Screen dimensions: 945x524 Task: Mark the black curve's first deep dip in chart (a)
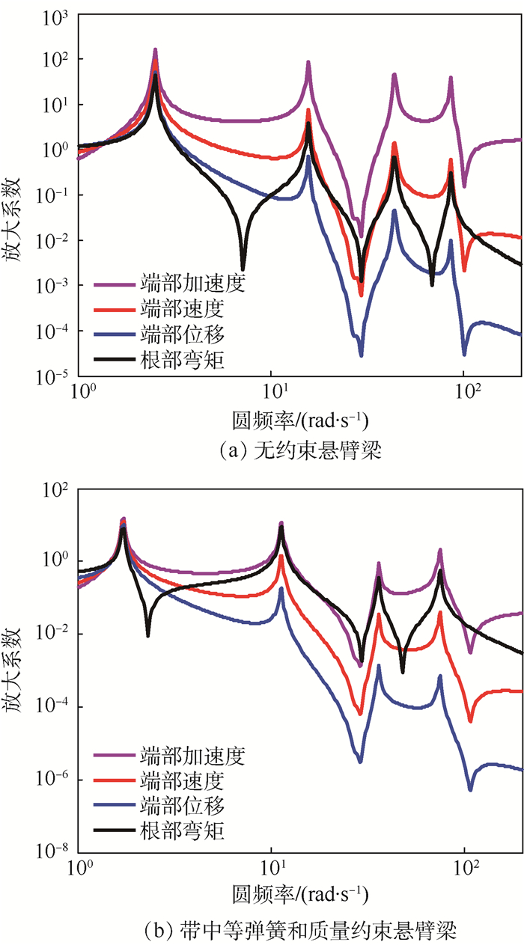pos(243,267)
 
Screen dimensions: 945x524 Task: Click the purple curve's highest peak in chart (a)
pos(155,51)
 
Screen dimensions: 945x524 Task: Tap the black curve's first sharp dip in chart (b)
pos(147,634)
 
